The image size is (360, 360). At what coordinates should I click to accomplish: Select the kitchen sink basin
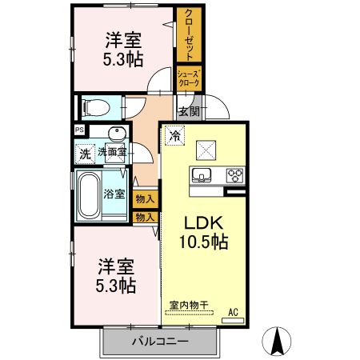point(200,174)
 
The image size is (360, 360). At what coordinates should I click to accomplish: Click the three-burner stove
point(234,174)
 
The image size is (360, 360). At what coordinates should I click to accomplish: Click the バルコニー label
point(160,342)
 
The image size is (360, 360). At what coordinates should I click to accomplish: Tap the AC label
point(234,311)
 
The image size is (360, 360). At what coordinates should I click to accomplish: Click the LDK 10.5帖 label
point(206,230)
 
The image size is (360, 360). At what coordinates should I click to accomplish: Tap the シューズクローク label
point(189,78)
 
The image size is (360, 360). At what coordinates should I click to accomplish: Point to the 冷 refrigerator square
point(174,136)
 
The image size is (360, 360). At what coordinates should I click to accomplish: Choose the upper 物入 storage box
point(145,199)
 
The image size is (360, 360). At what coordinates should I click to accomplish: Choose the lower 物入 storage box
point(145,216)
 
